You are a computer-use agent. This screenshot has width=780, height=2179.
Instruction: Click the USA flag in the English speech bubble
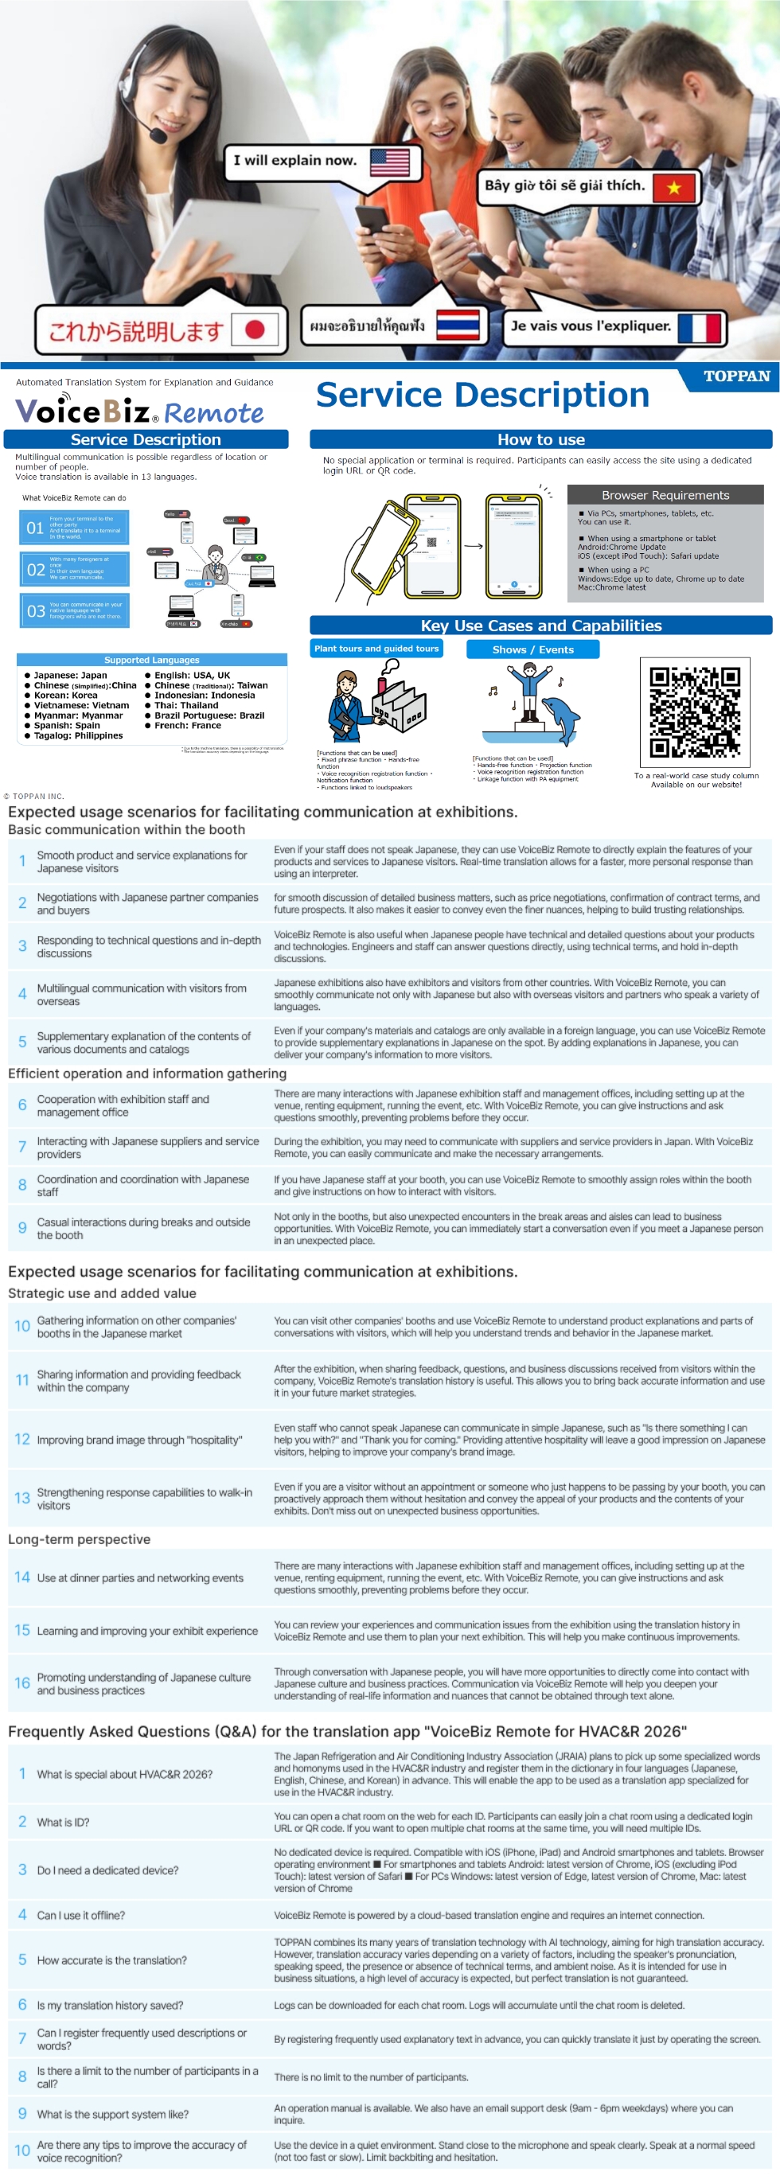coord(389,161)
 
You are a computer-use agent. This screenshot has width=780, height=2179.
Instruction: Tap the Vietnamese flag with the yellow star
coord(673,188)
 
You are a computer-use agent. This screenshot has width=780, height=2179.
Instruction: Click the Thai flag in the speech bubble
coord(458,325)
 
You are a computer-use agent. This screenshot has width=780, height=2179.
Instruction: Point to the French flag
coord(700,327)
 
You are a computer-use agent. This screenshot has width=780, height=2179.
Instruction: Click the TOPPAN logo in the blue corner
coord(736,376)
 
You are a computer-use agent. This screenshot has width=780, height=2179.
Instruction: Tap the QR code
coord(695,713)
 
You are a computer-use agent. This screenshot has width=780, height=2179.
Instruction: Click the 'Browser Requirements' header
coord(665,495)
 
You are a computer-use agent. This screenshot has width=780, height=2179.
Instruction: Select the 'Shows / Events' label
coord(533,649)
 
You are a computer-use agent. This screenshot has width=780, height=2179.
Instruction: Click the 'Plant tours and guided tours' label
coord(376,649)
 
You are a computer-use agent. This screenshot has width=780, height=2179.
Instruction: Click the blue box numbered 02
coord(75,569)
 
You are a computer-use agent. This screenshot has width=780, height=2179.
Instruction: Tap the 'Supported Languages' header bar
coord(152,660)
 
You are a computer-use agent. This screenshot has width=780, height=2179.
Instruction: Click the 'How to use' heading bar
coord(540,440)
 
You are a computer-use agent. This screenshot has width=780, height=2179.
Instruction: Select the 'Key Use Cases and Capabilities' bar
coord(540,626)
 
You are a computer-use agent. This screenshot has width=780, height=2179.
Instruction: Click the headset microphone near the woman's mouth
coord(158,134)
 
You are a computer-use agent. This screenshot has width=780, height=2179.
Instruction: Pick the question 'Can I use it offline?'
coord(81,1915)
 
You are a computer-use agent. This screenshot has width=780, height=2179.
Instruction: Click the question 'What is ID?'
coord(63,1822)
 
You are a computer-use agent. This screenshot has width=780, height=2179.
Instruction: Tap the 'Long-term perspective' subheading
coord(80,1539)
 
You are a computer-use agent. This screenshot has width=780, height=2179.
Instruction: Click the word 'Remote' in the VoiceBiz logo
coord(214,414)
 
